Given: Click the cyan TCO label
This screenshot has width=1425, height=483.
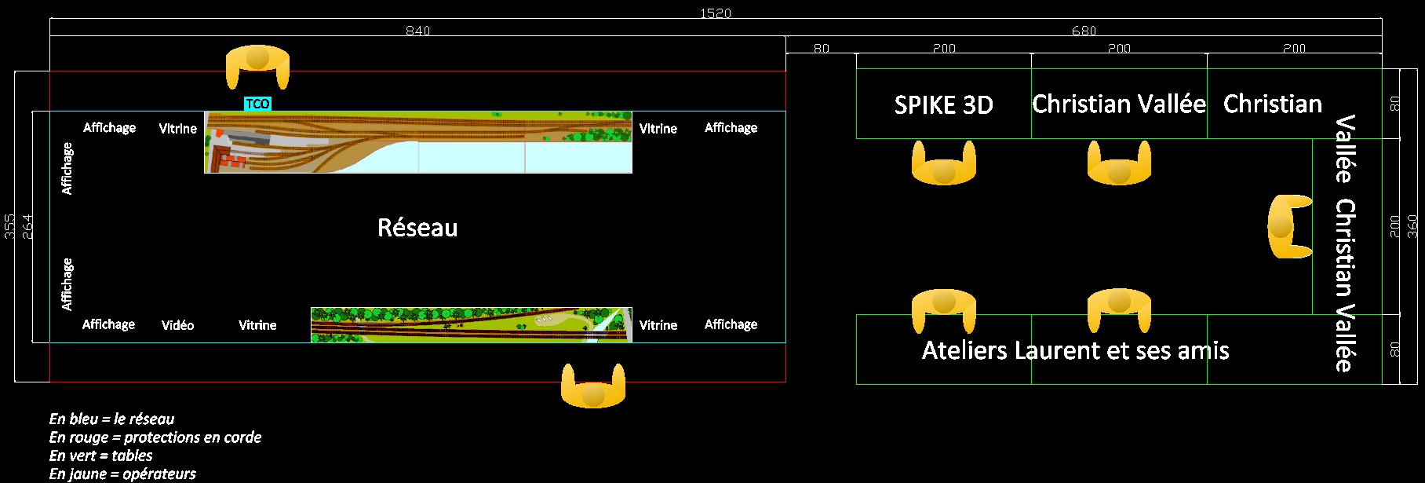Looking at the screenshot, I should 257,104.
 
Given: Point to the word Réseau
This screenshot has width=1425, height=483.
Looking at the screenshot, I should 417,228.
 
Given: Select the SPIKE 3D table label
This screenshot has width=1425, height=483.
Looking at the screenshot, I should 943,104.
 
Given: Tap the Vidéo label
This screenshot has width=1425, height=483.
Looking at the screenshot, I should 177,325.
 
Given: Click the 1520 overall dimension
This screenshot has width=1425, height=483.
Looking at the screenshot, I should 715,13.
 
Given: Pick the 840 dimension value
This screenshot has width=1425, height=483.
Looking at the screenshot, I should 417,31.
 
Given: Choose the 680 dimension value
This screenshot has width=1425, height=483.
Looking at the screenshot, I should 1084,31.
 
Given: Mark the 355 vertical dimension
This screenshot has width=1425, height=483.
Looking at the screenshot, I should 9,226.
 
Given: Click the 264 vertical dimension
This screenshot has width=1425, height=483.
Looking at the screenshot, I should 27,226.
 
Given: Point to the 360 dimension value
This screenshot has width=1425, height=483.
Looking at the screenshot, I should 1412,226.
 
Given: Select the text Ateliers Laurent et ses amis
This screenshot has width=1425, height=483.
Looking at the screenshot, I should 1075,350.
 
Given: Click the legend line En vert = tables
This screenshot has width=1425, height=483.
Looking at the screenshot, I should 101,456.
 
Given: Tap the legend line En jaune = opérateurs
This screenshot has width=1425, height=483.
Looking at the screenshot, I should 122,474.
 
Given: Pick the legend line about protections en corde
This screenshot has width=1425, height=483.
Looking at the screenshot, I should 155,437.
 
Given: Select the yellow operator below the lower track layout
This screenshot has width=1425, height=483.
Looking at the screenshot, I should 593,387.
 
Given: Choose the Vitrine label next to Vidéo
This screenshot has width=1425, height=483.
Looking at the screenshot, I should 257,325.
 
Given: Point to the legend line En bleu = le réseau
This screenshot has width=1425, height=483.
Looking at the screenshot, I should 111,419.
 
